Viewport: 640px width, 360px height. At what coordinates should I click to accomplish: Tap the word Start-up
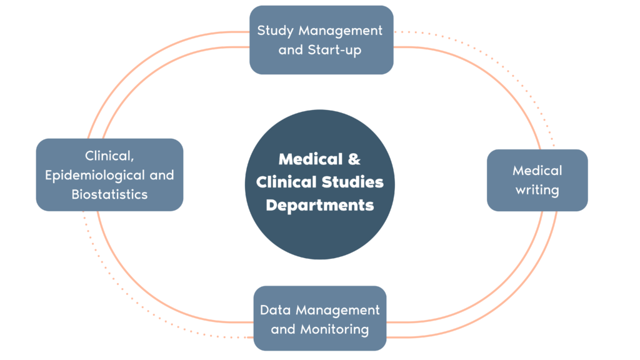pos(334,50)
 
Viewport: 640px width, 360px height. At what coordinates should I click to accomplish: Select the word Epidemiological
pos(95,176)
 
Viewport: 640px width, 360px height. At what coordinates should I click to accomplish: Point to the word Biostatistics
pos(109,194)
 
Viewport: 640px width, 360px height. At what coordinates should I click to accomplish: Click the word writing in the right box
pos(537,190)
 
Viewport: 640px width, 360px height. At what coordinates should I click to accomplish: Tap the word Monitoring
pos(335,329)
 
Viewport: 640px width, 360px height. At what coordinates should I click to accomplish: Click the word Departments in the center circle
pos(320,205)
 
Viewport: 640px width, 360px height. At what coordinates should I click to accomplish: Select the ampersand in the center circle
pos(354,159)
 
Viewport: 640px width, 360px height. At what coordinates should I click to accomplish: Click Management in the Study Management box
pos(341,31)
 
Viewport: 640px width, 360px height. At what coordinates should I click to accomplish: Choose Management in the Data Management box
pos(337,311)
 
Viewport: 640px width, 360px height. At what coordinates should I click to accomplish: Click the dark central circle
pos(320,184)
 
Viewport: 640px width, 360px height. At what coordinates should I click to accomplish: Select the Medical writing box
pos(537,181)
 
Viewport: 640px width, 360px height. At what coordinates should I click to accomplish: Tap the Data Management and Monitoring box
pos(320,318)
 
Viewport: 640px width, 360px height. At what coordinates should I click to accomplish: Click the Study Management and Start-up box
pos(321,40)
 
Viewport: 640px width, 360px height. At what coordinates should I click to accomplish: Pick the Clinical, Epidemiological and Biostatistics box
pos(109,175)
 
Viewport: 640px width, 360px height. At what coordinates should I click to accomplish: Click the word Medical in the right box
pos(537,171)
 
